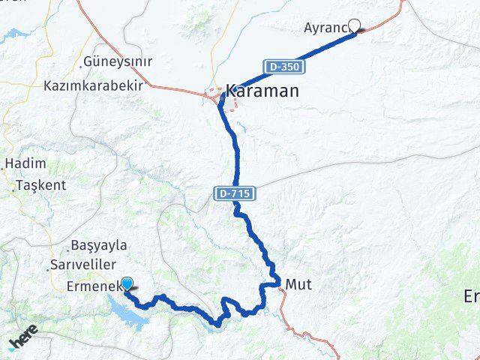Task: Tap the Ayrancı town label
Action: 326,28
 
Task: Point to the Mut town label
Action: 298,285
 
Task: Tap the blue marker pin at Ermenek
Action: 127,283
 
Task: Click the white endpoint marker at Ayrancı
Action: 355,25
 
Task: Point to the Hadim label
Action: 25,163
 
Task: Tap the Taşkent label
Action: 41,184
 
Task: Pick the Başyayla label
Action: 98,245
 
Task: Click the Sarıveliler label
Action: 82,265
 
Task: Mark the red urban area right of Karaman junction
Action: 235,104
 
